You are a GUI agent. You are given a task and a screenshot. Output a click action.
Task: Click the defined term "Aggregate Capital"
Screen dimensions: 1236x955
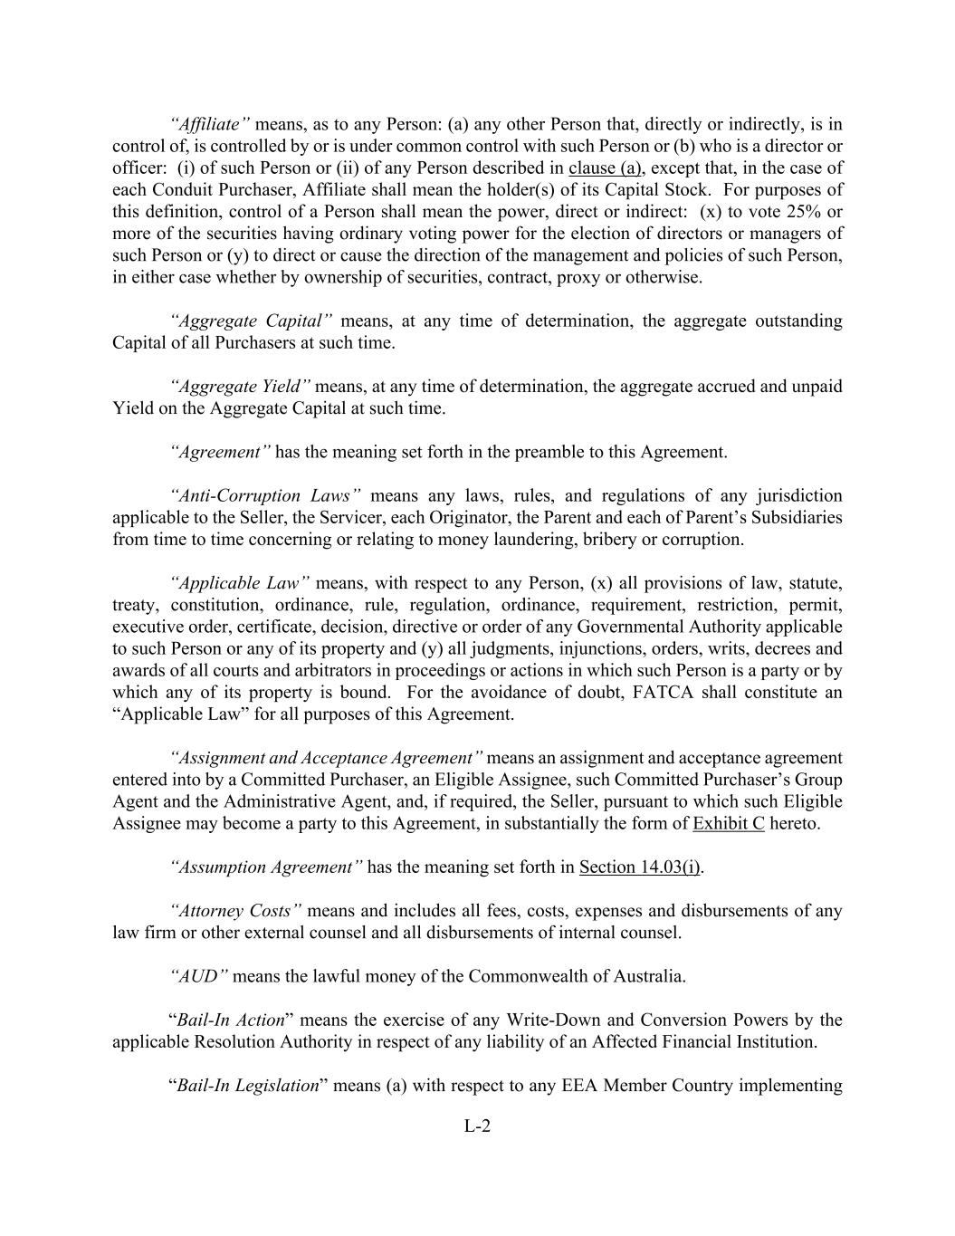click(x=251, y=321)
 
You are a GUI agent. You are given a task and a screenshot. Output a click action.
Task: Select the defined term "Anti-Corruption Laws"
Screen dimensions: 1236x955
click(x=265, y=495)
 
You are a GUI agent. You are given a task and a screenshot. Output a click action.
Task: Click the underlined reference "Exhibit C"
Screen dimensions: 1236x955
click(x=728, y=823)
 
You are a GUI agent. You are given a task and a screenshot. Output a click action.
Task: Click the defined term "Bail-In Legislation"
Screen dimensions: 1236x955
click(x=247, y=1085)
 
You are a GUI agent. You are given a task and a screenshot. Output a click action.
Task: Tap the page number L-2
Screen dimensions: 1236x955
click(x=477, y=1126)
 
